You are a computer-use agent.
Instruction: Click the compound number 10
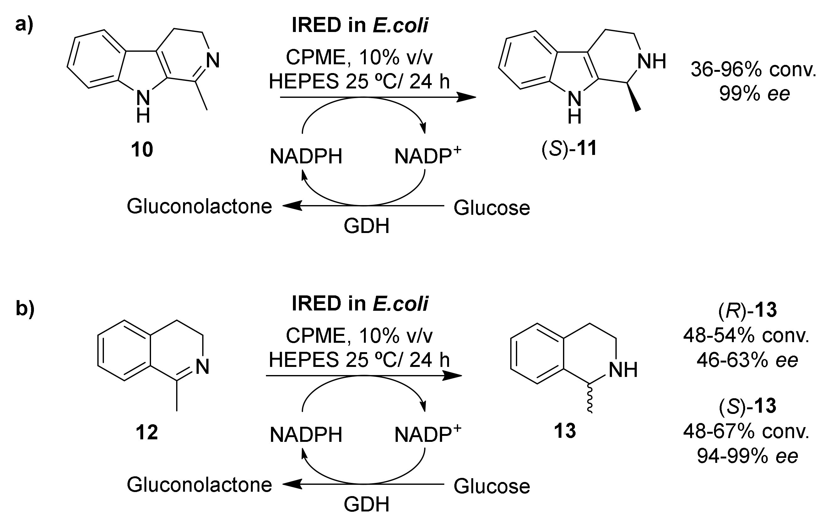(x=142, y=150)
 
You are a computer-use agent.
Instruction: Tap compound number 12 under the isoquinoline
(x=147, y=432)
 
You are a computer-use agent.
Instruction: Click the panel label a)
(x=24, y=25)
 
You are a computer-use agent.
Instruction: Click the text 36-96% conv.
(x=753, y=70)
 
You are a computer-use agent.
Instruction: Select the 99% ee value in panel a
(x=755, y=94)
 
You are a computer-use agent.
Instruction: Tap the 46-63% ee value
(x=747, y=360)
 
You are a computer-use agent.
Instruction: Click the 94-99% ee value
(x=747, y=456)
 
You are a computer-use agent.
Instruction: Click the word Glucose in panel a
(x=492, y=208)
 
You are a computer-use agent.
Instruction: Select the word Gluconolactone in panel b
(x=199, y=484)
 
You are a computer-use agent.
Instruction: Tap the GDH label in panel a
(x=366, y=226)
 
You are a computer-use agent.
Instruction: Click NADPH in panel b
(x=306, y=435)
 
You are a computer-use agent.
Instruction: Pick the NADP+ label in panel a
(x=427, y=156)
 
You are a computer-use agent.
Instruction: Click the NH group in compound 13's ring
(x=623, y=370)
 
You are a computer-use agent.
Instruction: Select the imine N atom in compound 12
(x=202, y=367)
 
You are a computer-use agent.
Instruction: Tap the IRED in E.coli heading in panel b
(x=360, y=304)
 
